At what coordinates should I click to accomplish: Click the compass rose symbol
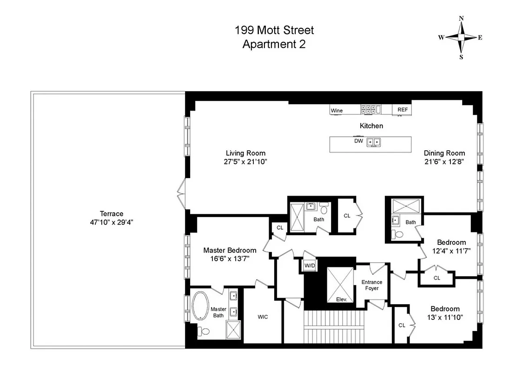click(x=461, y=38)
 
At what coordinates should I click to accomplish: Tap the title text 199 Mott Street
click(x=274, y=31)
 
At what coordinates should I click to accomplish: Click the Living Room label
click(x=245, y=153)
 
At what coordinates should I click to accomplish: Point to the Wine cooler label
click(x=337, y=111)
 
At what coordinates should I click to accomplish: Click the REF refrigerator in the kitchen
click(x=403, y=110)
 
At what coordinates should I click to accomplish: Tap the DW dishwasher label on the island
click(x=358, y=140)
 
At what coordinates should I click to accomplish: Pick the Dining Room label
click(x=444, y=153)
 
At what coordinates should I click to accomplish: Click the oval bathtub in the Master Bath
click(x=201, y=306)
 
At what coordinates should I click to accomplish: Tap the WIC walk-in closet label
click(x=263, y=317)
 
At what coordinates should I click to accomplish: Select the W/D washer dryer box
click(x=309, y=266)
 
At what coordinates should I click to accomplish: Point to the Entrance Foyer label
click(x=372, y=285)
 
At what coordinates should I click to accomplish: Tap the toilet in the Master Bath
click(x=203, y=332)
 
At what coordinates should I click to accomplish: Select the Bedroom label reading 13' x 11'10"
click(x=445, y=317)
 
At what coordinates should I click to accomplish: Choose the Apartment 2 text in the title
click(x=274, y=45)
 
